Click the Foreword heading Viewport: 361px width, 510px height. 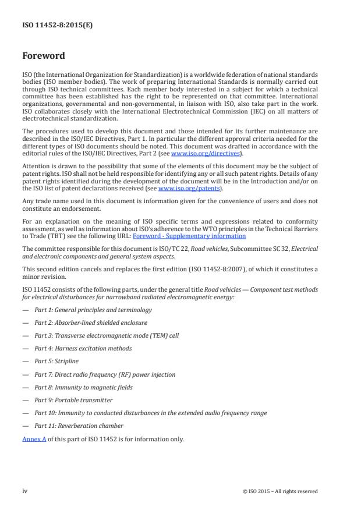tap(43, 56)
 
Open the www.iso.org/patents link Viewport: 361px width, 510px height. tap(183, 189)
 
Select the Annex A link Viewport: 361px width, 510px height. tap(32, 438)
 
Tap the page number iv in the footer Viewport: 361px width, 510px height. tap(24, 491)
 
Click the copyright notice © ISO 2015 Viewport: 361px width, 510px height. tap(280, 491)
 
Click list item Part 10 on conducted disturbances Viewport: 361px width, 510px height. tap(150, 413)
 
